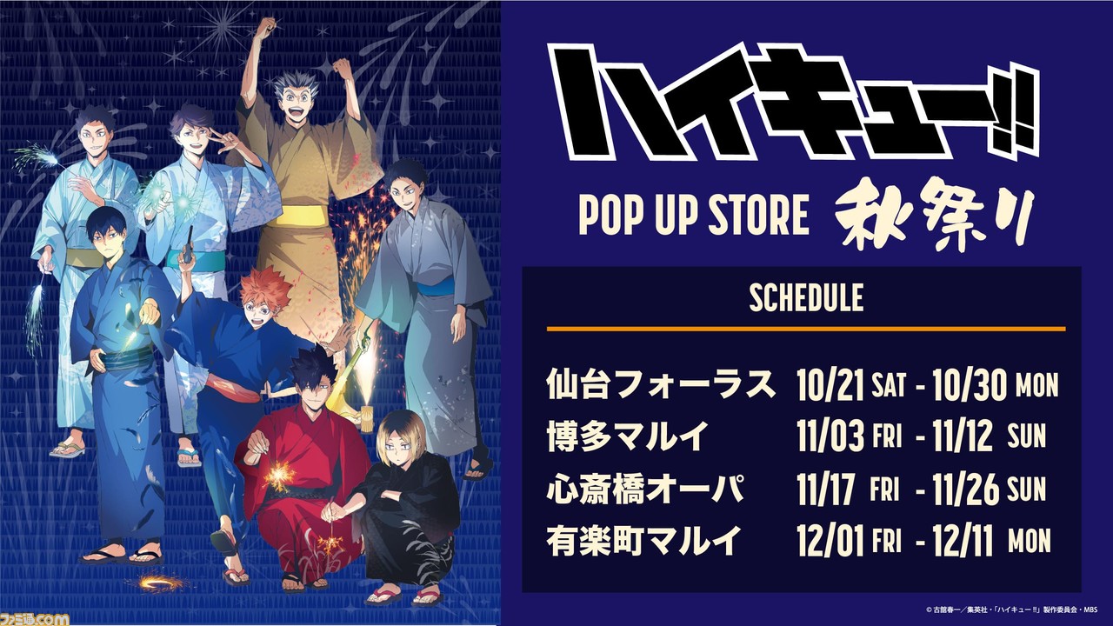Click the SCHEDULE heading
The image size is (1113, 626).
[x=806, y=297]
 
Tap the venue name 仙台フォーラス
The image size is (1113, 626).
[x=660, y=384]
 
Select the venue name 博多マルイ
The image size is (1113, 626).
[x=627, y=436]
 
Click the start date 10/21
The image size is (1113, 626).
[x=830, y=385]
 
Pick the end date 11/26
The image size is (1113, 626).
[x=965, y=489]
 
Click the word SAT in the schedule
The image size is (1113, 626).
[x=889, y=384]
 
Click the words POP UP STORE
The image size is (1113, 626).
[x=694, y=216]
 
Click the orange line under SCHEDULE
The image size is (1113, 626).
[x=806, y=329]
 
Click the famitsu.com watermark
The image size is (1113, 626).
[x=34, y=620]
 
